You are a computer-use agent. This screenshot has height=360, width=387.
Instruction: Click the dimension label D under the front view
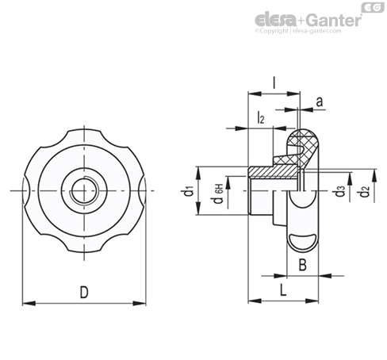pyautogui.click(x=84, y=292)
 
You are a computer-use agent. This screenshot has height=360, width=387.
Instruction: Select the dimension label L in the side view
pyautogui.click(x=283, y=290)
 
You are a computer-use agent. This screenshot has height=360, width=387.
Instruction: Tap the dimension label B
pyautogui.click(x=303, y=265)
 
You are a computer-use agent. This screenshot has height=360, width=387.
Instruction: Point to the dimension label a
pyautogui.click(x=320, y=101)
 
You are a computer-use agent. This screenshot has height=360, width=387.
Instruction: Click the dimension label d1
pyautogui.click(x=190, y=191)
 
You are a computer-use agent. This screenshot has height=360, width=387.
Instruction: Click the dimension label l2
pyautogui.click(x=261, y=117)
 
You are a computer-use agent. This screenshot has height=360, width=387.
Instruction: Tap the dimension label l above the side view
pyautogui.click(x=274, y=83)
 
